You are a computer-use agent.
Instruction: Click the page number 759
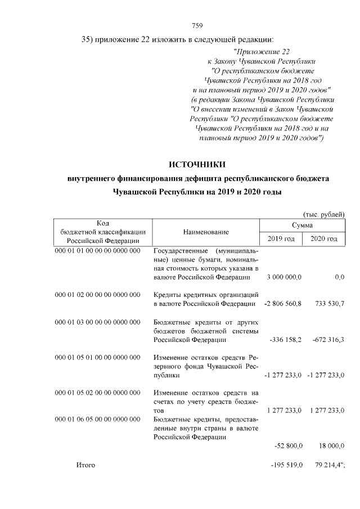(197, 25)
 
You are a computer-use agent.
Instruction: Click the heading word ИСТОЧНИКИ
(197, 164)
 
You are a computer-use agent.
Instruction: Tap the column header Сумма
(302, 225)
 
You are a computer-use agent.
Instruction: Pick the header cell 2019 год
(281, 239)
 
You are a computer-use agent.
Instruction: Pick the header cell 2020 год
(324, 239)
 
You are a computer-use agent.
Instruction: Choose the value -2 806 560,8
(283, 304)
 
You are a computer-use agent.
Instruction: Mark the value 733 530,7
(327, 304)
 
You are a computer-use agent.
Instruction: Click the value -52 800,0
(289, 446)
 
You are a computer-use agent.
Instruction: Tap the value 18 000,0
(330, 446)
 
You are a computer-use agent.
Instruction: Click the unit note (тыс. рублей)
(323, 214)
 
